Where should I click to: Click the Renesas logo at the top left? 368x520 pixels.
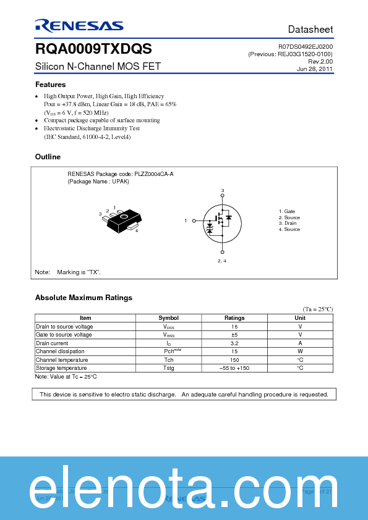pos(79,25)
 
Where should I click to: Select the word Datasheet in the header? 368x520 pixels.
pos(310,30)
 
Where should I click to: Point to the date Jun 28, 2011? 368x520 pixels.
pos(315,69)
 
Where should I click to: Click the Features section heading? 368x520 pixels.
pos(50,85)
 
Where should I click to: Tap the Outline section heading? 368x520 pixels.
pos(48,157)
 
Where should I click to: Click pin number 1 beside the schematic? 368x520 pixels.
pos(186,220)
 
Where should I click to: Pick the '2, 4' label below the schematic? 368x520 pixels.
pos(222,261)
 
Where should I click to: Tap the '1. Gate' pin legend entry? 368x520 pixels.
pos(286,211)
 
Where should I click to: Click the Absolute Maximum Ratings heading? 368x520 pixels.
pos(83,298)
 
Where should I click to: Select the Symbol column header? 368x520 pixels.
pos(168,318)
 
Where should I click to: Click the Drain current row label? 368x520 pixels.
pos(52,343)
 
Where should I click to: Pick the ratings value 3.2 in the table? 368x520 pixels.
pos(234,343)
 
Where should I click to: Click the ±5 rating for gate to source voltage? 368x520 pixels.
pos(234,335)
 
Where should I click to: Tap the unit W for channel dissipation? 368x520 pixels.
pos(300,351)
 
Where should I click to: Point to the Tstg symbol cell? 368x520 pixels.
pos(168,368)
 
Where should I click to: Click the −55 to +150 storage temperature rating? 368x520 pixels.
pos(234,368)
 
